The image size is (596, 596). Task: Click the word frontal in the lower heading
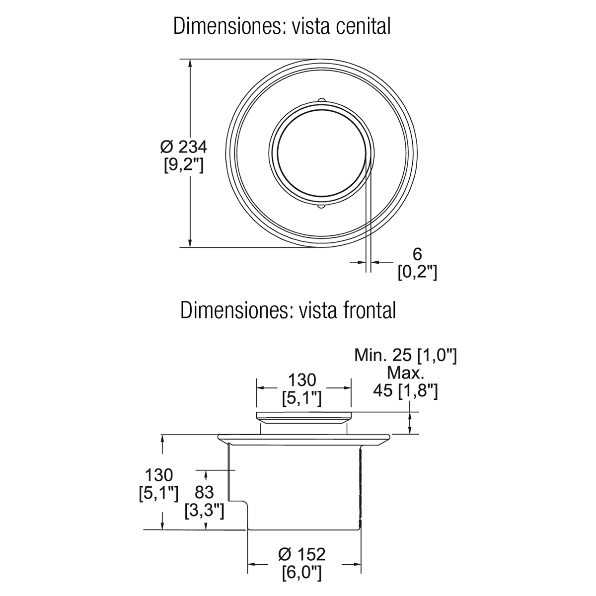pyautogui.click(x=369, y=310)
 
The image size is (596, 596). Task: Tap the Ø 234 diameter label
pyautogui.click(x=184, y=147)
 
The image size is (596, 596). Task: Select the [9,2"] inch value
pyautogui.click(x=184, y=165)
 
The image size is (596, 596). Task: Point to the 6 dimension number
pyautogui.click(x=417, y=254)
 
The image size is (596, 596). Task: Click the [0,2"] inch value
pyautogui.click(x=417, y=273)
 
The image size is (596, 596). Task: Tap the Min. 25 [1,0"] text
pyautogui.click(x=405, y=356)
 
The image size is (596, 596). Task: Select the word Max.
pyautogui.click(x=405, y=373)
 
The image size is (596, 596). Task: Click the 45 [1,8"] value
pyautogui.click(x=405, y=391)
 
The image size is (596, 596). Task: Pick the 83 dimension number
pyautogui.click(x=204, y=492)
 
